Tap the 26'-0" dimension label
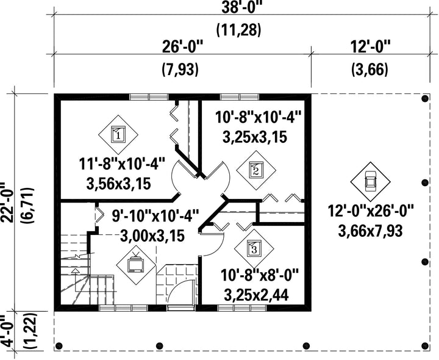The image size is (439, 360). [x=182, y=46]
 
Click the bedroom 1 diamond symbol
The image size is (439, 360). [x=118, y=134]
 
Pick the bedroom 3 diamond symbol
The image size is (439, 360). [x=254, y=248]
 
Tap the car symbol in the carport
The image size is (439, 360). [x=371, y=182]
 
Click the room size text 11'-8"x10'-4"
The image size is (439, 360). [x=122, y=165]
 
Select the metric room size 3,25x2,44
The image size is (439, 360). [x=257, y=295]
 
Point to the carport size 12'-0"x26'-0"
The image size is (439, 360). [x=371, y=211]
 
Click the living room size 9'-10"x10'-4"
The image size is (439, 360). [x=155, y=216]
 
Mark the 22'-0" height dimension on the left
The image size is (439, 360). [x=7, y=203]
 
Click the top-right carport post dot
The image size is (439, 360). [x=425, y=98]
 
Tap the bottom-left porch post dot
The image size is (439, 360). [x=59, y=345]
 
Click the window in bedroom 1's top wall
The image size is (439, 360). [x=149, y=97]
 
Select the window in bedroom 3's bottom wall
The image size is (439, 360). [x=242, y=308]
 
